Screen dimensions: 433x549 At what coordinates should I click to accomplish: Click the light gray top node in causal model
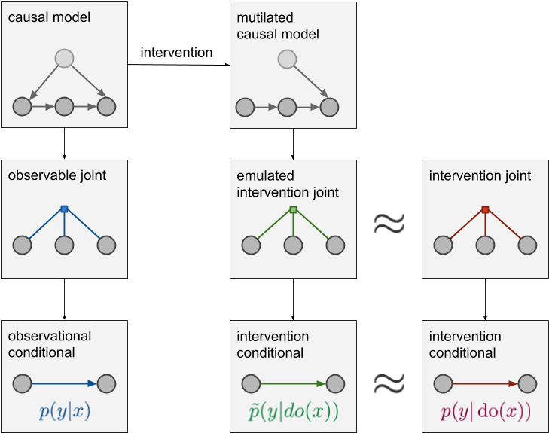point(64,58)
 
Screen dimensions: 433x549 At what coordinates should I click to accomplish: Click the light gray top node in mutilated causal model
point(287,58)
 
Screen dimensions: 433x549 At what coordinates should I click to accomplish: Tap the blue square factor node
point(64,209)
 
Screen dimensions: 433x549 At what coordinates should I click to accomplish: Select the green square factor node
point(294,209)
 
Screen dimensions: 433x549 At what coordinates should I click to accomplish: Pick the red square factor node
point(485,209)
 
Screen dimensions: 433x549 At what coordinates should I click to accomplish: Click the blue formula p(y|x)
point(64,412)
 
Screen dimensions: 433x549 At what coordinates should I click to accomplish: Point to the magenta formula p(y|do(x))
point(485,412)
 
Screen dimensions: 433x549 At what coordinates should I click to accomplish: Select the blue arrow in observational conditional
point(64,384)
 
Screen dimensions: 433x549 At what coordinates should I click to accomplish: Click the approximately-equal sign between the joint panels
point(389,222)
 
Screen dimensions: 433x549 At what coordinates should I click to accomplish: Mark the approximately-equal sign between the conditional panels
point(389,384)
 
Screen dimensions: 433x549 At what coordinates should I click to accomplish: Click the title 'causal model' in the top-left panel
point(48,17)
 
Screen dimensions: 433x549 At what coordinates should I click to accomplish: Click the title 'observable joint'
point(56,176)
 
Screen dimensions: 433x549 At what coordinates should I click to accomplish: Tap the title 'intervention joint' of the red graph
point(480,176)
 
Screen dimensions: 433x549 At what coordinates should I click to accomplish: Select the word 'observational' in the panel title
point(50,337)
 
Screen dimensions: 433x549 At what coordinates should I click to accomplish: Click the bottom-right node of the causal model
point(106,107)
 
